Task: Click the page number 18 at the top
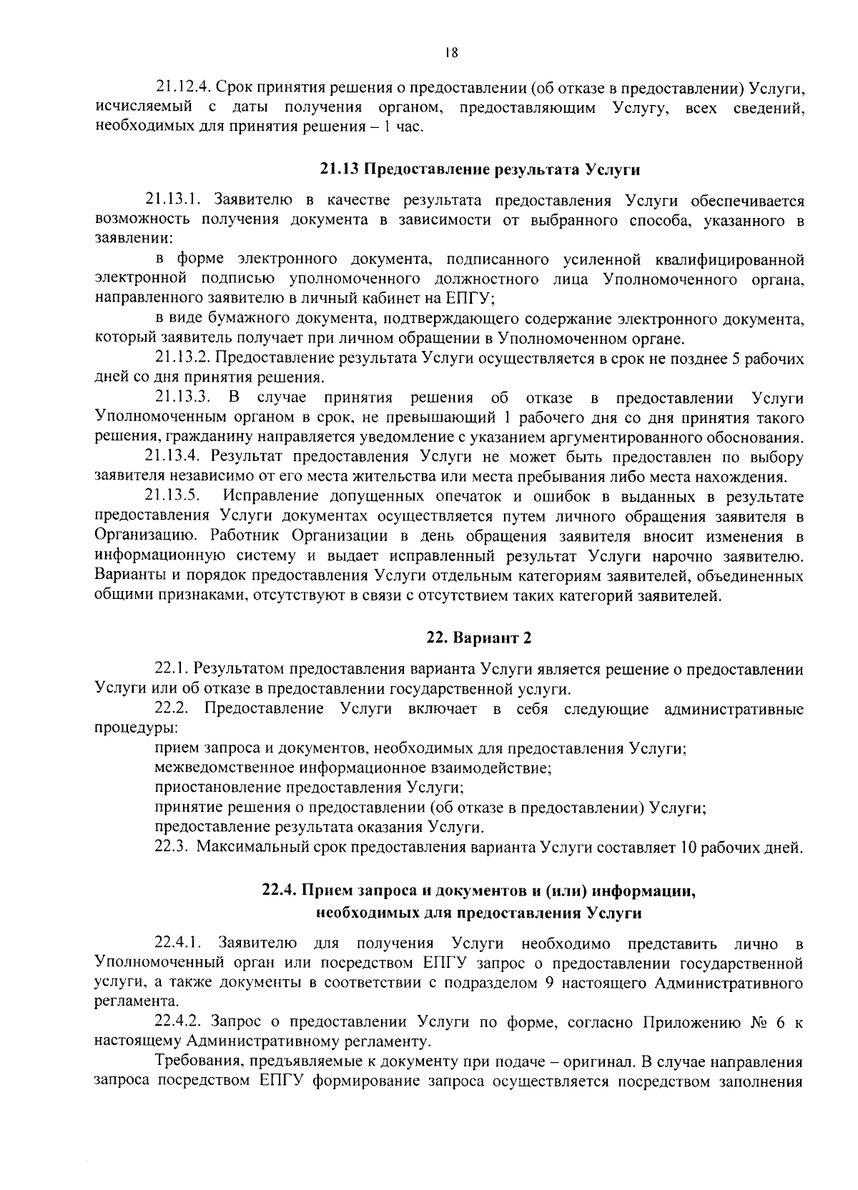(450, 52)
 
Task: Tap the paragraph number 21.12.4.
(183, 88)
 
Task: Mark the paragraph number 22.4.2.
(182, 1022)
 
